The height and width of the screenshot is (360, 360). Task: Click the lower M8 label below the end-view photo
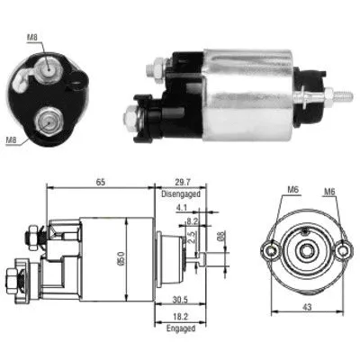[12, 139]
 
